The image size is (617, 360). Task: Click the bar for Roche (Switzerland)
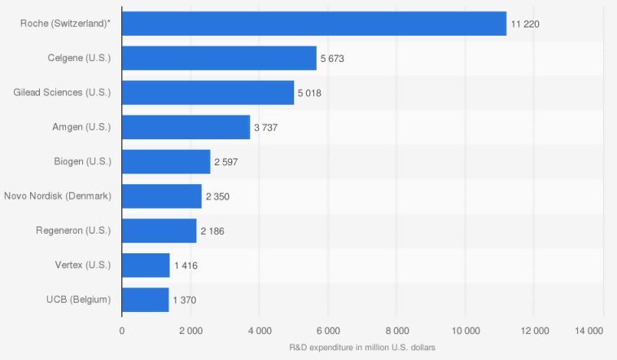(313, 24)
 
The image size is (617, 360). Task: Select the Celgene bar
(219, 58)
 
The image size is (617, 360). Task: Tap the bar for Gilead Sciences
(208, 93)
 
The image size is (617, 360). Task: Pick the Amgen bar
(186, 127)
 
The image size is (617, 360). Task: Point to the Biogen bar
(166, 161)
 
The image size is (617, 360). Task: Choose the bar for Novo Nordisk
(161, 196)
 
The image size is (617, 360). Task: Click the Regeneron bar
(159, 230)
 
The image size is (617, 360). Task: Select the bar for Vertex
(146, 265)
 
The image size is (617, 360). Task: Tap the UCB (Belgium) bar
(145, 300)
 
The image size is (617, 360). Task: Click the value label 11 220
(525, 24)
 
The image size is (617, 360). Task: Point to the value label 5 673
(334, 59)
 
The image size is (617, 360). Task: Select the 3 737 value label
(267, 128)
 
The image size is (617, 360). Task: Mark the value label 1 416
(186, 266)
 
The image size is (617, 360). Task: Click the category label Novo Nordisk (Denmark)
(57, 196)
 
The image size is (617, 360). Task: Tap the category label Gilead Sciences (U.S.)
(62, 93)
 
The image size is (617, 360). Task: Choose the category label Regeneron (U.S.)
(73, 230)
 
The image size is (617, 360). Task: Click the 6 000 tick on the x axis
(328, 331)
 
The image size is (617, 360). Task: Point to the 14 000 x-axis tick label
(589, 331)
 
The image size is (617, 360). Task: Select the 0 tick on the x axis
(122, 331)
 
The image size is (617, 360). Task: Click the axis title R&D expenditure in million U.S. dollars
(362, 348)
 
